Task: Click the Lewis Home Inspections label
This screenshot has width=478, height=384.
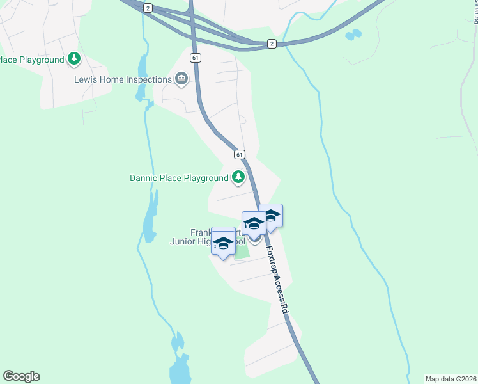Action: coord(123,79)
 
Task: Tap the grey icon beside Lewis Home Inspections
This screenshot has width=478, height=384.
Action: coord(181,79)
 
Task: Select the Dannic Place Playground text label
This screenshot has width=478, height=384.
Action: coord(179,178)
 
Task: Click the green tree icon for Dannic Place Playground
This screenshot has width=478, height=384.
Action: coord(238,177)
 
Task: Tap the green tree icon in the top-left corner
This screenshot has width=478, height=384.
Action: coord(75,59)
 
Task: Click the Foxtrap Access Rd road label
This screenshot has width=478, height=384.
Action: coord(277,280)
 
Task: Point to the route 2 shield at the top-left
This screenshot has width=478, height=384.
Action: coord(148,8)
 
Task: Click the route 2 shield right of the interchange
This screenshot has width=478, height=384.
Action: coord(272,44)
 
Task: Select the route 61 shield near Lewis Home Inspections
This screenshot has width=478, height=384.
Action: coord(196,58)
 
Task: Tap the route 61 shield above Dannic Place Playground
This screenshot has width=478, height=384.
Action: coord(239,155)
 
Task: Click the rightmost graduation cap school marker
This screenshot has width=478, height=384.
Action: coord(270,216)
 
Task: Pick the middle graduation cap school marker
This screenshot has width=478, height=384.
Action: coord(254,223)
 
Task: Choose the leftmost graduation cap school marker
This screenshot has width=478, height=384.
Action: coord(223,243)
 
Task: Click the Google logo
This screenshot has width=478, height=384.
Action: coord(21,376)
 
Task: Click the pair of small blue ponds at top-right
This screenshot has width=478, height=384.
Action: coord(353,35)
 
